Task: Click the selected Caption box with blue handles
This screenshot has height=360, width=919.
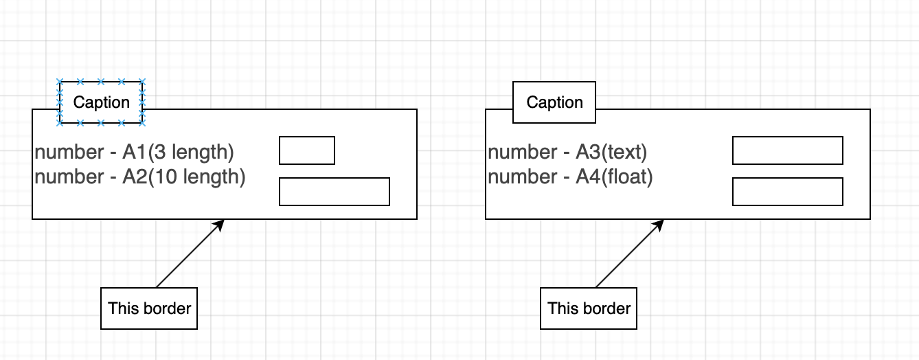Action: coord(101,102)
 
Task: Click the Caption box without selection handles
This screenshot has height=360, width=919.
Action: coord(554,102)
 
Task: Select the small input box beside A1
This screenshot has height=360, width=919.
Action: coord(306,150)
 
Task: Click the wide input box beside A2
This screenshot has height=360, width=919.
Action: coord(334,192)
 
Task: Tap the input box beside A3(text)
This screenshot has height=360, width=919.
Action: coord(787,150)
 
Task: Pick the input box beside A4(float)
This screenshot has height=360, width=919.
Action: coord(787,192)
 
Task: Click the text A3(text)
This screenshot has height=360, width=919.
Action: coord(611,152)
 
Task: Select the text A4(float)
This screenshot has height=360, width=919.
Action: coord(614,177)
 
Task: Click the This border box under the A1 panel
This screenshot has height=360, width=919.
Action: coord(149,308)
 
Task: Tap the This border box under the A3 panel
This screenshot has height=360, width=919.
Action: coord(589,308)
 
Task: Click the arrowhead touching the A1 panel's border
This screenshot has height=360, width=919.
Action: coord(220,224)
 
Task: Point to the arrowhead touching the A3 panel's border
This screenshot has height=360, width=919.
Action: coord(659,224)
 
